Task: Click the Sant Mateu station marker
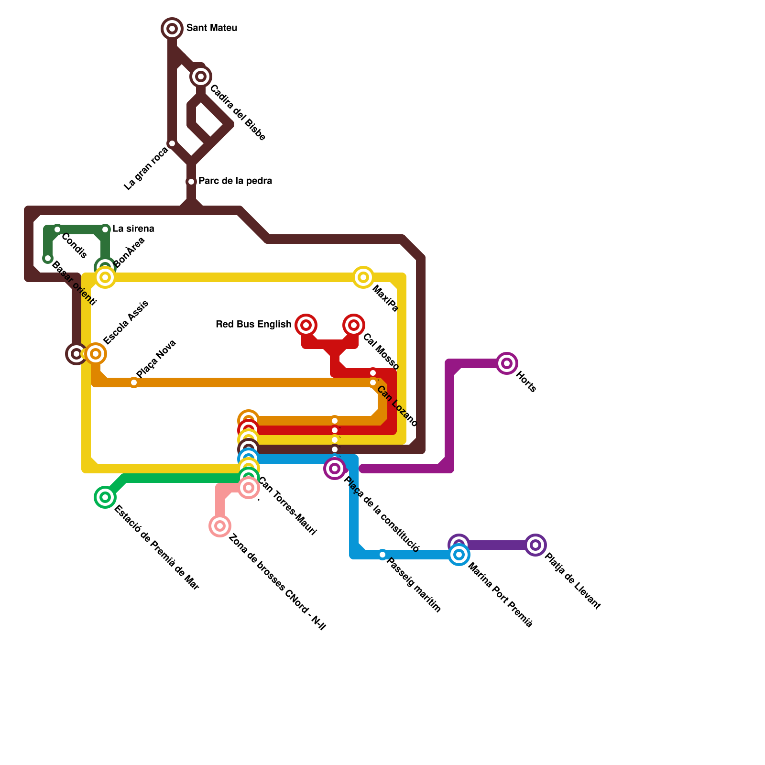[x=172, y=29]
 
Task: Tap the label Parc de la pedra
[x=235, y=181]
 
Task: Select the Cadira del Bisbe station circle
[x=201, y=76]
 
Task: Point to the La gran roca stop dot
[x=172, y=143]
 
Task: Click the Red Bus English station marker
[x=306, y=325]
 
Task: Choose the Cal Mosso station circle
[x=354, y=325]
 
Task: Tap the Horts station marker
[x=507, y=363]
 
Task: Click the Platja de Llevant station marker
[x=535, y=545]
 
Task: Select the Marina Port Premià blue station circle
[x=459, y=555]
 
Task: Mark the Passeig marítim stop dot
[x=382, y=555]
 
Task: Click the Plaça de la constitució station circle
[x=335, y=469]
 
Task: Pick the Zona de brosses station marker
[x=220, y=526]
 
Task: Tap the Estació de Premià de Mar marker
[x=105, y=497]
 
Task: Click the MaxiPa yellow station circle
[x=363, y=277]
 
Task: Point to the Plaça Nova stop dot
[x=134, y=382]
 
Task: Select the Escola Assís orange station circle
[x=96, y=354]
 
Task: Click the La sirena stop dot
[x=105, y=229]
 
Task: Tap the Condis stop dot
[x=57, y=229]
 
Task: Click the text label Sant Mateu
[x=211, y=28]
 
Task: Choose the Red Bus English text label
[x=253, y=325]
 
